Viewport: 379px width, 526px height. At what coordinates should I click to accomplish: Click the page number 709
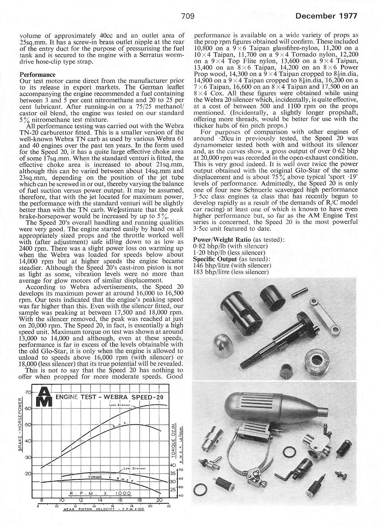pyautogui.click(x=188, y=16)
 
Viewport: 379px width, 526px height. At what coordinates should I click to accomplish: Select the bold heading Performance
pyautogui.click(x=38, y=75)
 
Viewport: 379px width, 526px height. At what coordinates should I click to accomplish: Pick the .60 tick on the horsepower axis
pyautogui.click(x=28, y=408)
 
